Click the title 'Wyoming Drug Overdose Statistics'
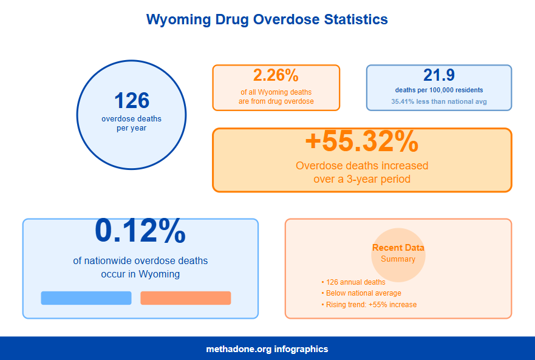(267, 19)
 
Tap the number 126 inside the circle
(131, 101)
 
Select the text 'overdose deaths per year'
(131, 123)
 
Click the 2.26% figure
(276, 76)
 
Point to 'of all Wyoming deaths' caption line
(276, 92)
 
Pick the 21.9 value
(439, 76)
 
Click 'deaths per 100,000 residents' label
(439, 90)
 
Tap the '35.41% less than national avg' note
(439, 102)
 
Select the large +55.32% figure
(361, 141)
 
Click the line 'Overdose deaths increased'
(361, 166)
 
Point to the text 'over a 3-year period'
(361, 179)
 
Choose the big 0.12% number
(140, 231)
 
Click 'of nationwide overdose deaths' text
(140, 261)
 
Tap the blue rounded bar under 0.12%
(86, 298)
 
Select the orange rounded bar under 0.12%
(185, 298)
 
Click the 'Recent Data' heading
(398, 248)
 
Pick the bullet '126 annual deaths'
(355, 282)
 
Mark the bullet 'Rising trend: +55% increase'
(371, 305)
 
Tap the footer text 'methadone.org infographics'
(267, 349)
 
